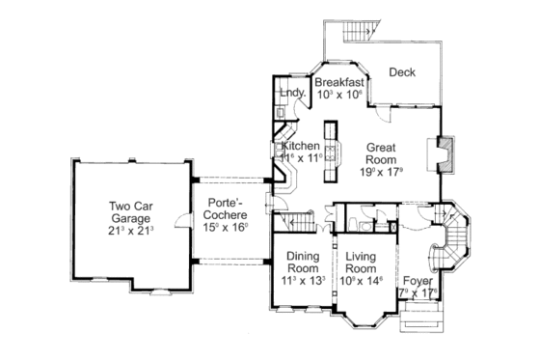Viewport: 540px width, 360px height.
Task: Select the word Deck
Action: (402, 71)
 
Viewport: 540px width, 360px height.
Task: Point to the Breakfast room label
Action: (338, 82)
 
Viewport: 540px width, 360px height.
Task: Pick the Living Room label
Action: (361, 262)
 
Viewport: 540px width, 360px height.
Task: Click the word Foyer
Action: (418, 281)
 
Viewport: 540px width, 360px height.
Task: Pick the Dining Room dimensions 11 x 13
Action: (301, 281)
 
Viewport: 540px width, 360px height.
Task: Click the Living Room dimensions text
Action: (361, 281)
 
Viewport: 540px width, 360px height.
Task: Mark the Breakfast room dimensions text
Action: (338, 96)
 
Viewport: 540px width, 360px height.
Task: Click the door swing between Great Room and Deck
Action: (384, 113)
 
